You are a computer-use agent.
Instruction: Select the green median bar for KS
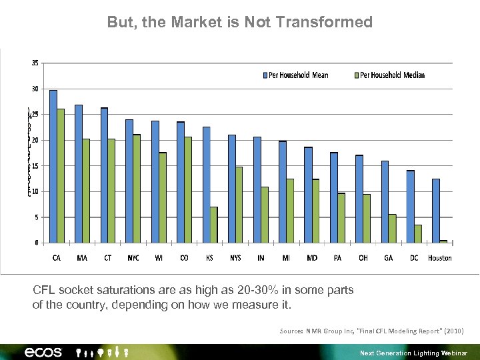pyautogui.click(x=214, y=225)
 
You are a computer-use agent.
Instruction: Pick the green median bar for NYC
pyautogui.click(x=137, y=189)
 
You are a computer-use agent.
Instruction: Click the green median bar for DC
pyautogui.click(x=418, y=234)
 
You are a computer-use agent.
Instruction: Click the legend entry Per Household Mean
pyautogui.click(x=299, y=75)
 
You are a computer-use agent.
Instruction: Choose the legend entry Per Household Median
pyautogui.click(x=392, y=75)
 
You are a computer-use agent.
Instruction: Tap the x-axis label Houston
pyautogui.click(x=440, y=258)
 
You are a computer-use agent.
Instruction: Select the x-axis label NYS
pyautogui.click(x=235, y=258)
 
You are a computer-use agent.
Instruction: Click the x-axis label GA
pyautogui.click(x=389, y=258)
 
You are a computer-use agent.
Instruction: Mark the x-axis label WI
pyautogui.click(x=159, y=258)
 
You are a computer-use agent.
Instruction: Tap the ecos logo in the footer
pyautogui.click(x=43, y=352)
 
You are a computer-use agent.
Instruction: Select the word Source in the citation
pyautogui.click(x=291, y=331)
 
